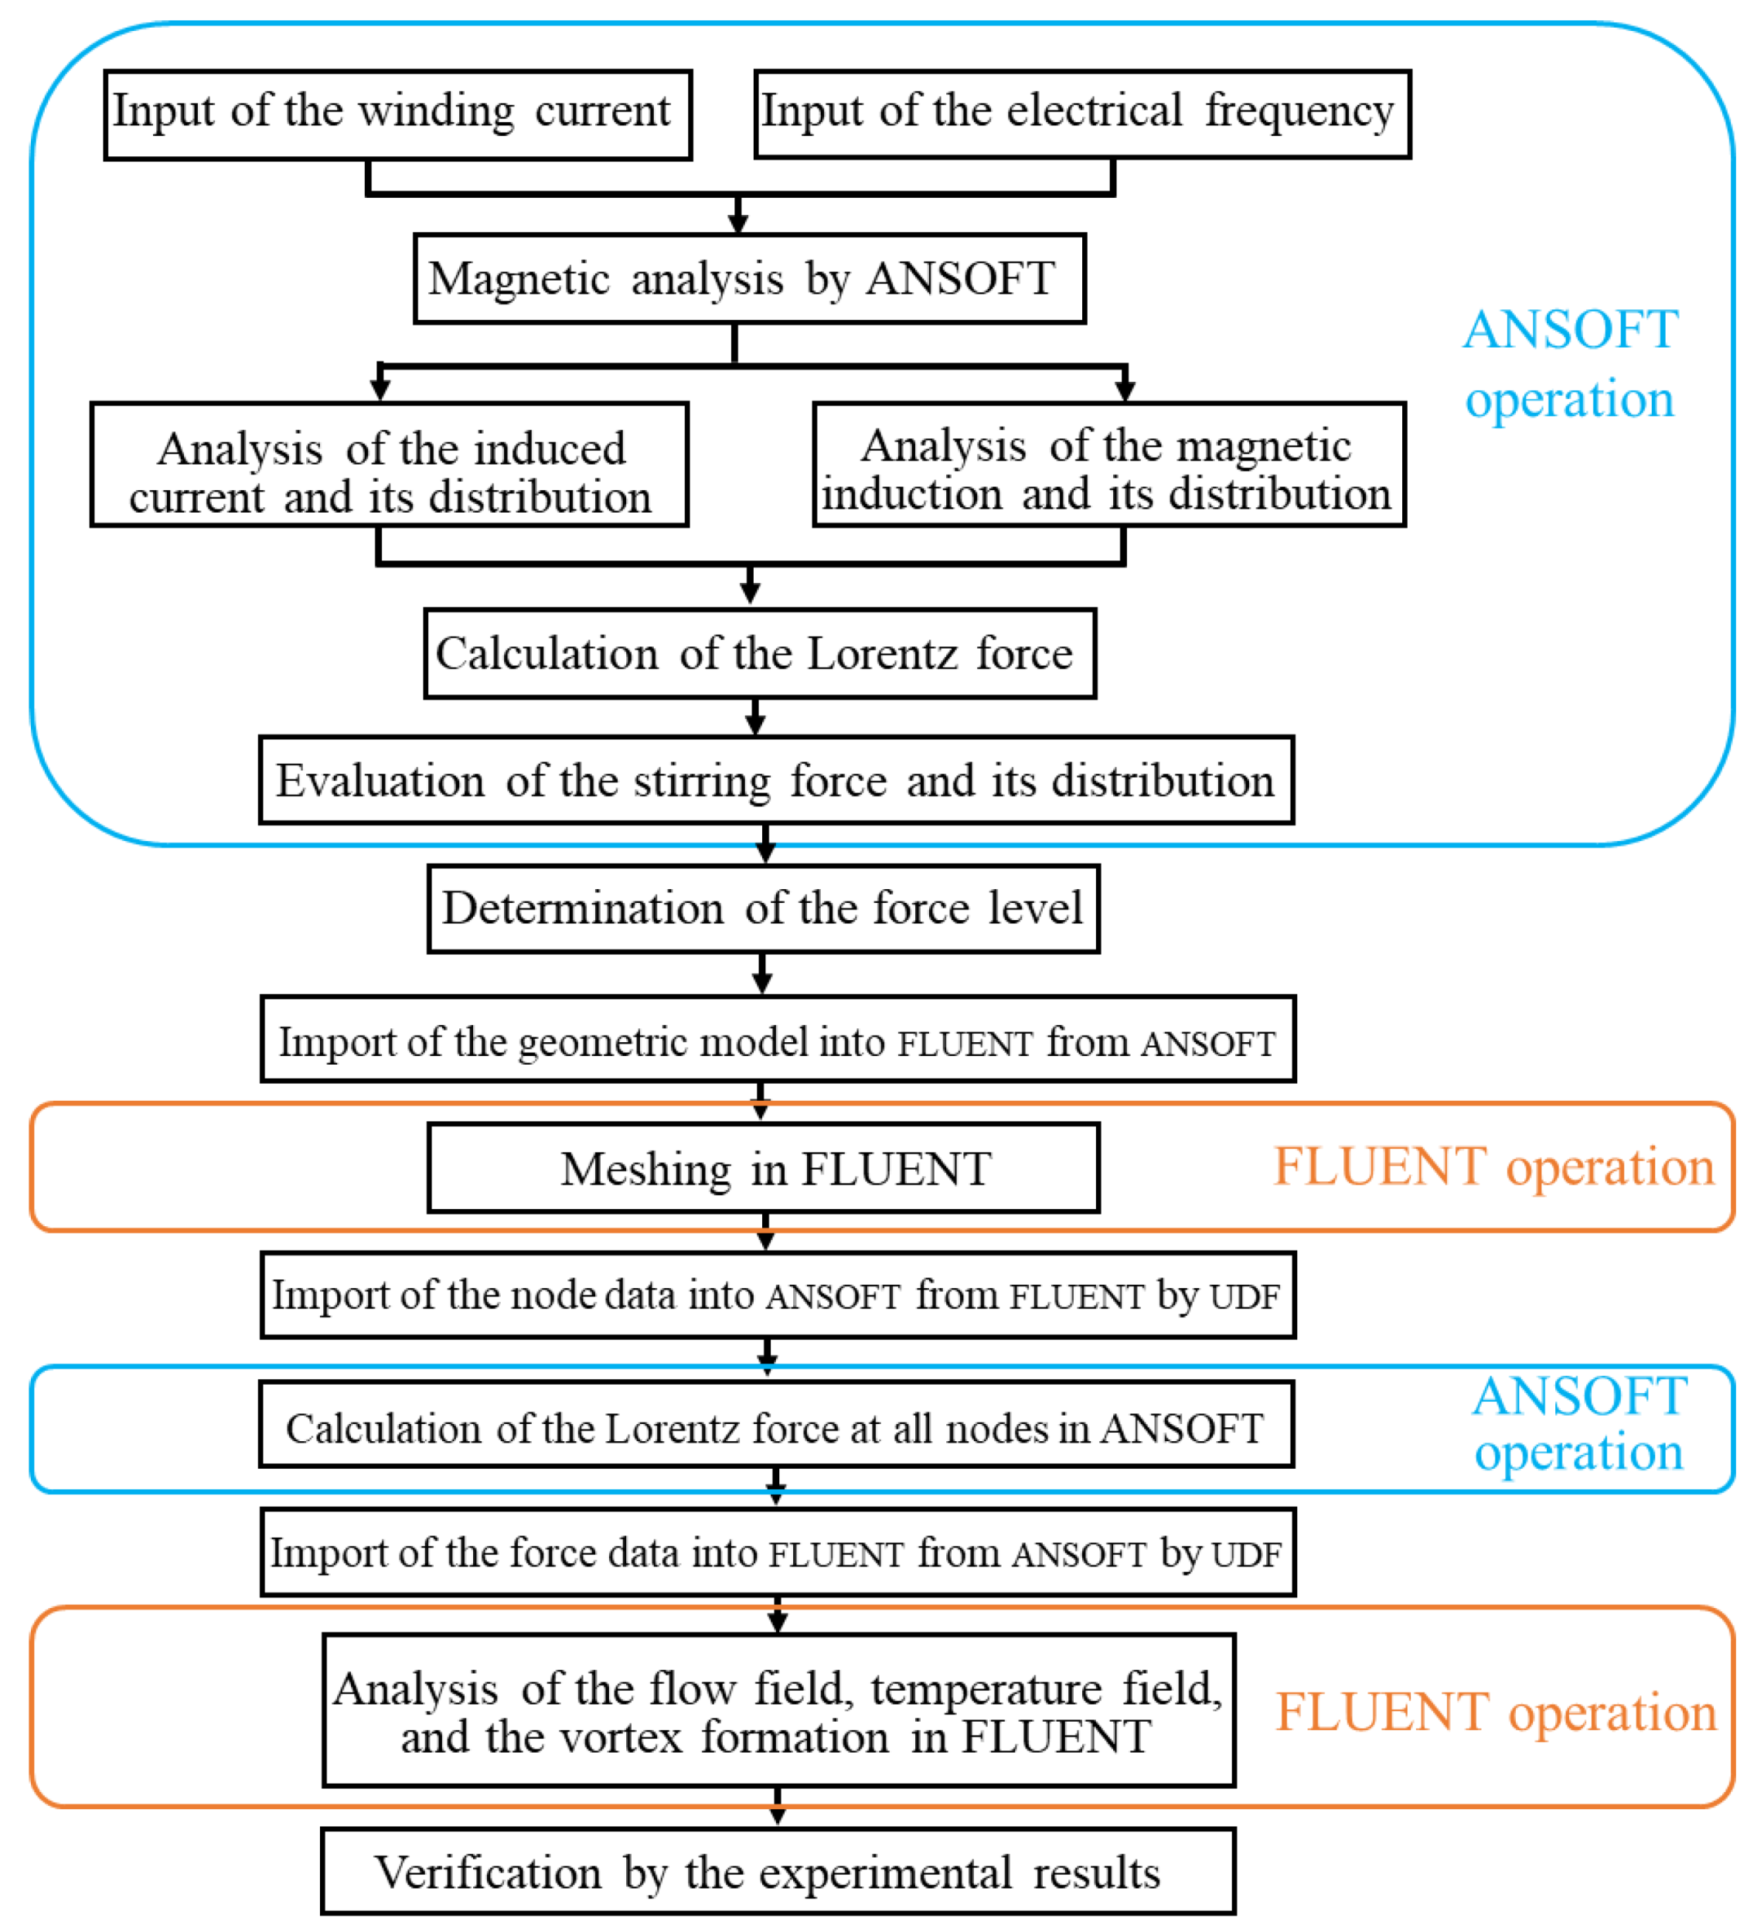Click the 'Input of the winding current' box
click(397, 114)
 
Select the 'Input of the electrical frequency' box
click(1081, 114)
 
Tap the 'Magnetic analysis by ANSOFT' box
click(749, 278)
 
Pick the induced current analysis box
click(389, 464)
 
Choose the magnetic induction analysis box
click(1108, 464)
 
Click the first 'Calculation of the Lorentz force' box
click(760, 653)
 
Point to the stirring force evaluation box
click(776, 779)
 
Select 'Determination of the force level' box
click(763, 908)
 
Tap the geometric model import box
click(777, 1039)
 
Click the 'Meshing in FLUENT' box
click(763, 1167)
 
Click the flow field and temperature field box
click(778, 1711)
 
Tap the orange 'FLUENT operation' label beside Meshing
click(1492, 1167)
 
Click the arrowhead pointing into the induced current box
click(380, 388)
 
